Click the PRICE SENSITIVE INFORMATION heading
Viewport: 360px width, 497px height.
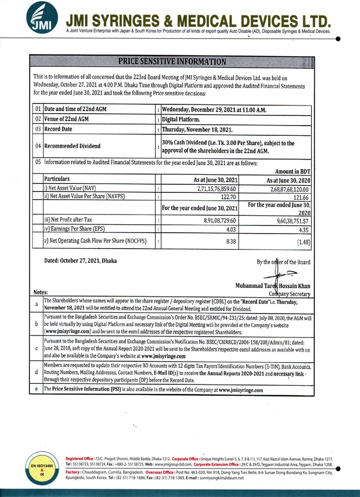172,62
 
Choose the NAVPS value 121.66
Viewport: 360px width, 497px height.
301,198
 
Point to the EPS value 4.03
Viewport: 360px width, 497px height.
231,228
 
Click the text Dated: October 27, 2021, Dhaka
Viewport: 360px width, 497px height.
80,261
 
